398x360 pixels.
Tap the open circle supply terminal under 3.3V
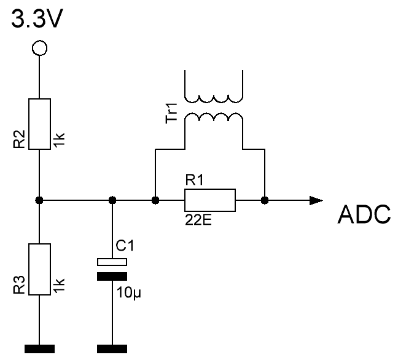[39, 47]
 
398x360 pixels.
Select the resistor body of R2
[39, 123]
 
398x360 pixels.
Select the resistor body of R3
[39, 270]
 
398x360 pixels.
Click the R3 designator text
[18, 286]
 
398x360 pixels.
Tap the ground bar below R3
[39, 349]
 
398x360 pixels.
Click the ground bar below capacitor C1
[112, 349]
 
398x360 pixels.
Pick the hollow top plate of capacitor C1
[112, 262]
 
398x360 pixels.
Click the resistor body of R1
[210, 200]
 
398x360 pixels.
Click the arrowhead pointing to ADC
[315, 200]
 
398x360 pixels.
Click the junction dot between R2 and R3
[39, 200]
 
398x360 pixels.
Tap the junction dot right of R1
[265, 200]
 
